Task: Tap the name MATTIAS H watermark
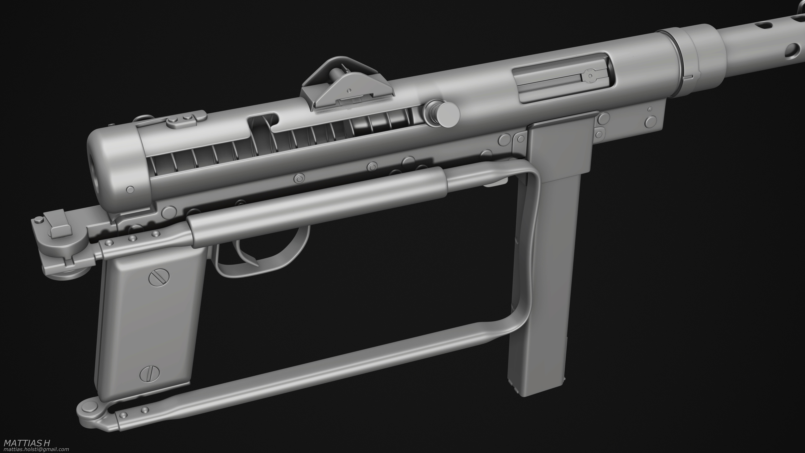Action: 27,443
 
